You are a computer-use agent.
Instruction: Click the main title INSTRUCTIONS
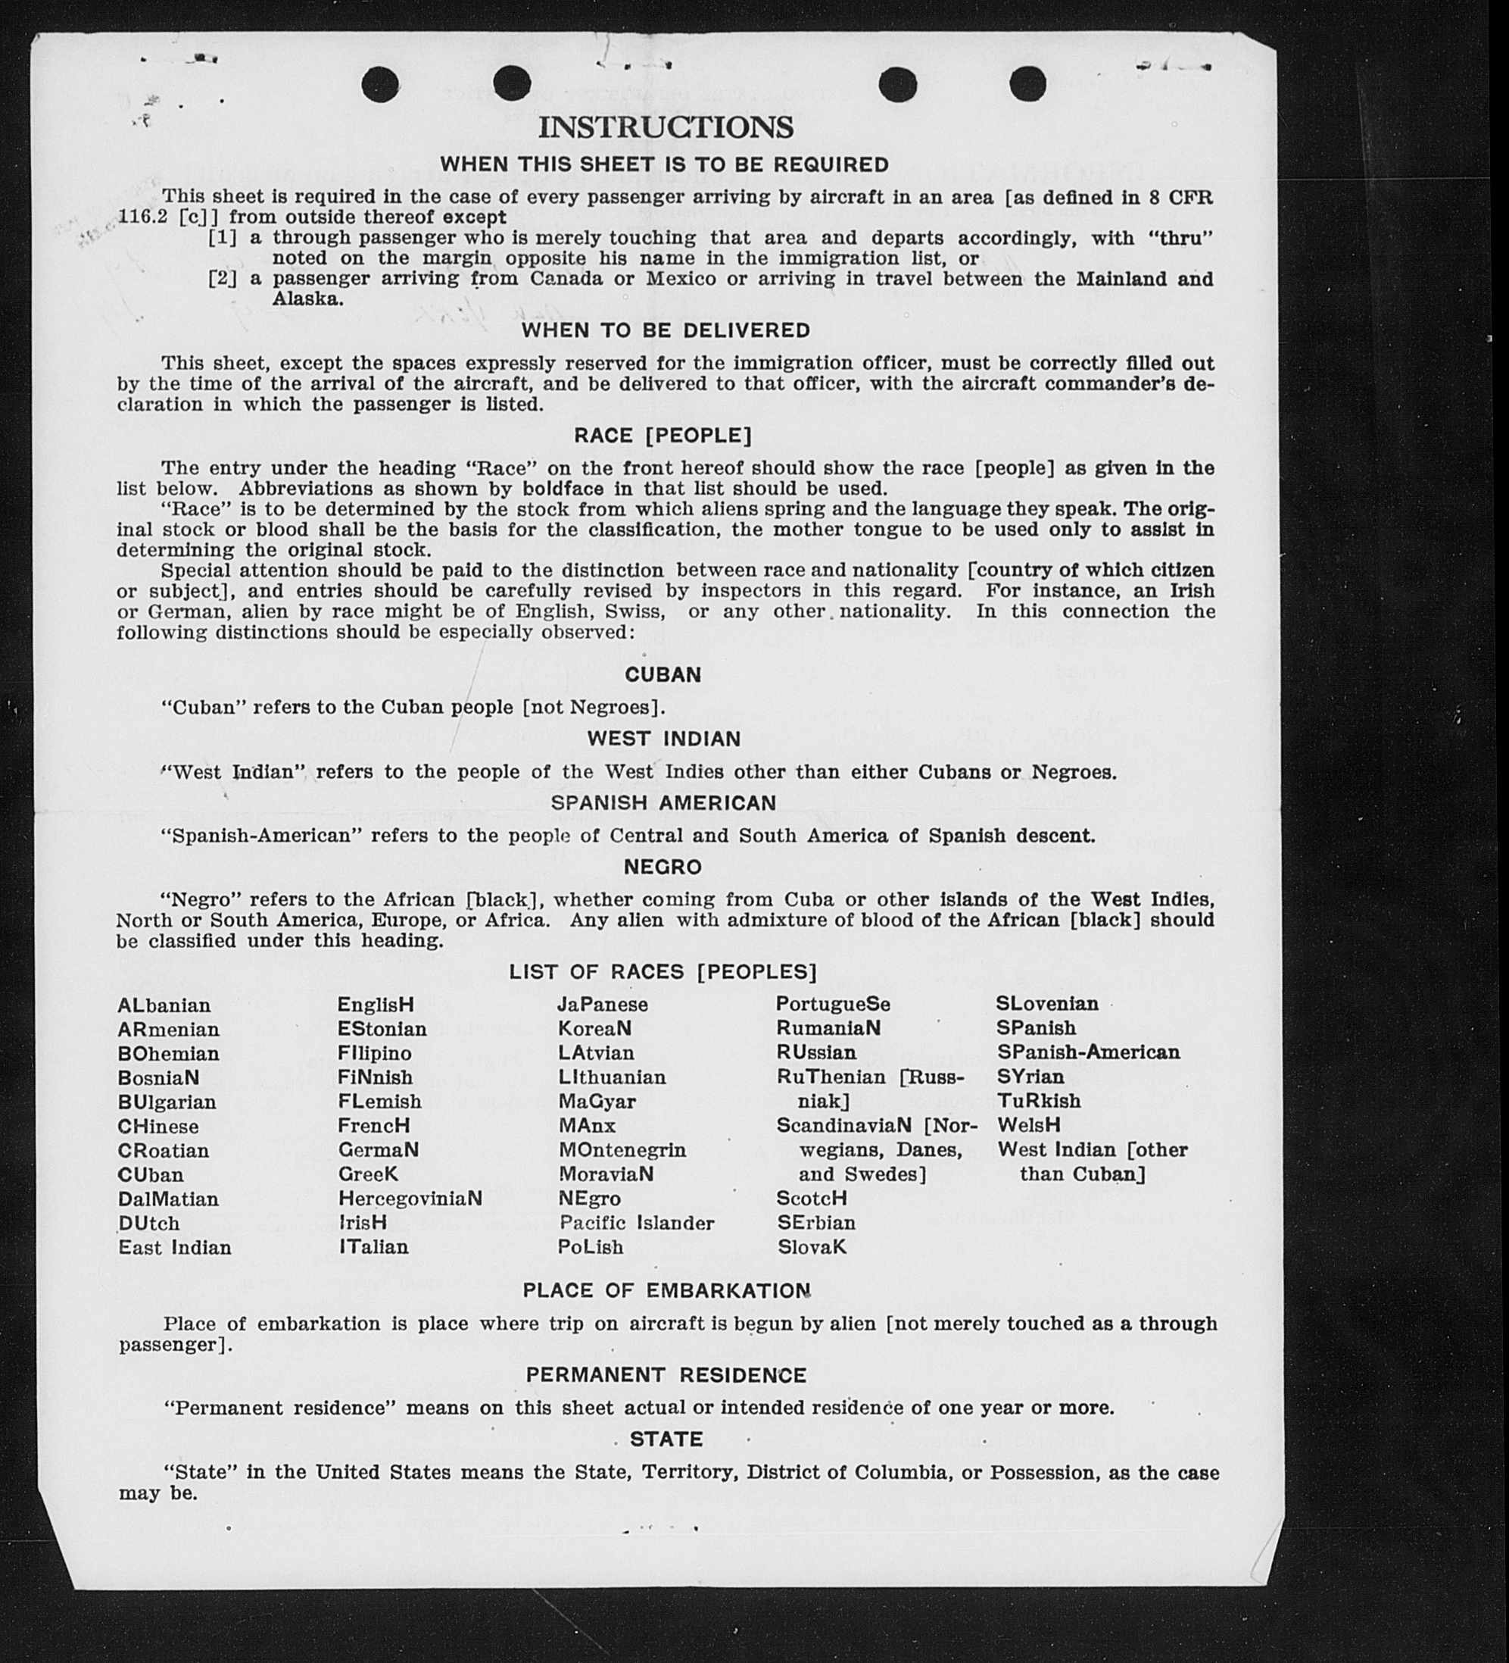(x=666, y=128)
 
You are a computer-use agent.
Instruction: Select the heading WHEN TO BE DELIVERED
(x=666, y=331)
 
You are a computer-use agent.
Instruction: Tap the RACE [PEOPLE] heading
(x=663, y=436)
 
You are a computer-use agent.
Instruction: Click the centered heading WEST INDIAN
(x=664, y=739)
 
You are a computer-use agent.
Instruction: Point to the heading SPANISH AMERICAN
(x=664, y=803)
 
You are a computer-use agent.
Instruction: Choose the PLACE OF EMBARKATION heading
(x=666, y=1291)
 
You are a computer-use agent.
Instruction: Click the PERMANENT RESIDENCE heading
(x=666, y=1375)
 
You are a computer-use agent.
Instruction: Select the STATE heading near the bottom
(x=666, y=1439)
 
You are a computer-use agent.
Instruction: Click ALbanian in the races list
(x=164, y=1005)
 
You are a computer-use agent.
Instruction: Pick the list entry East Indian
(x=175, y=1247)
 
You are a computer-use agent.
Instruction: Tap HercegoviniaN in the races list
(x=410, y=1199)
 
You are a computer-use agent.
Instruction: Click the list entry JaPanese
(x=603, y=1005)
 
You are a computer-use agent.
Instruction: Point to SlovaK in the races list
(x=812, y=1247)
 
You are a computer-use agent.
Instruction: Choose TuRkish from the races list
(x=1039, y=1102)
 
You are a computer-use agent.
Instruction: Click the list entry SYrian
(x=1030, y=1077)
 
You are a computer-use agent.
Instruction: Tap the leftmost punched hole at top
(x=380, y=84)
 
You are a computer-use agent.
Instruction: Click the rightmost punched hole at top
(x=1027, y=83)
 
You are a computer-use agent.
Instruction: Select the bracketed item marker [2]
(x=222, y=279)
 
